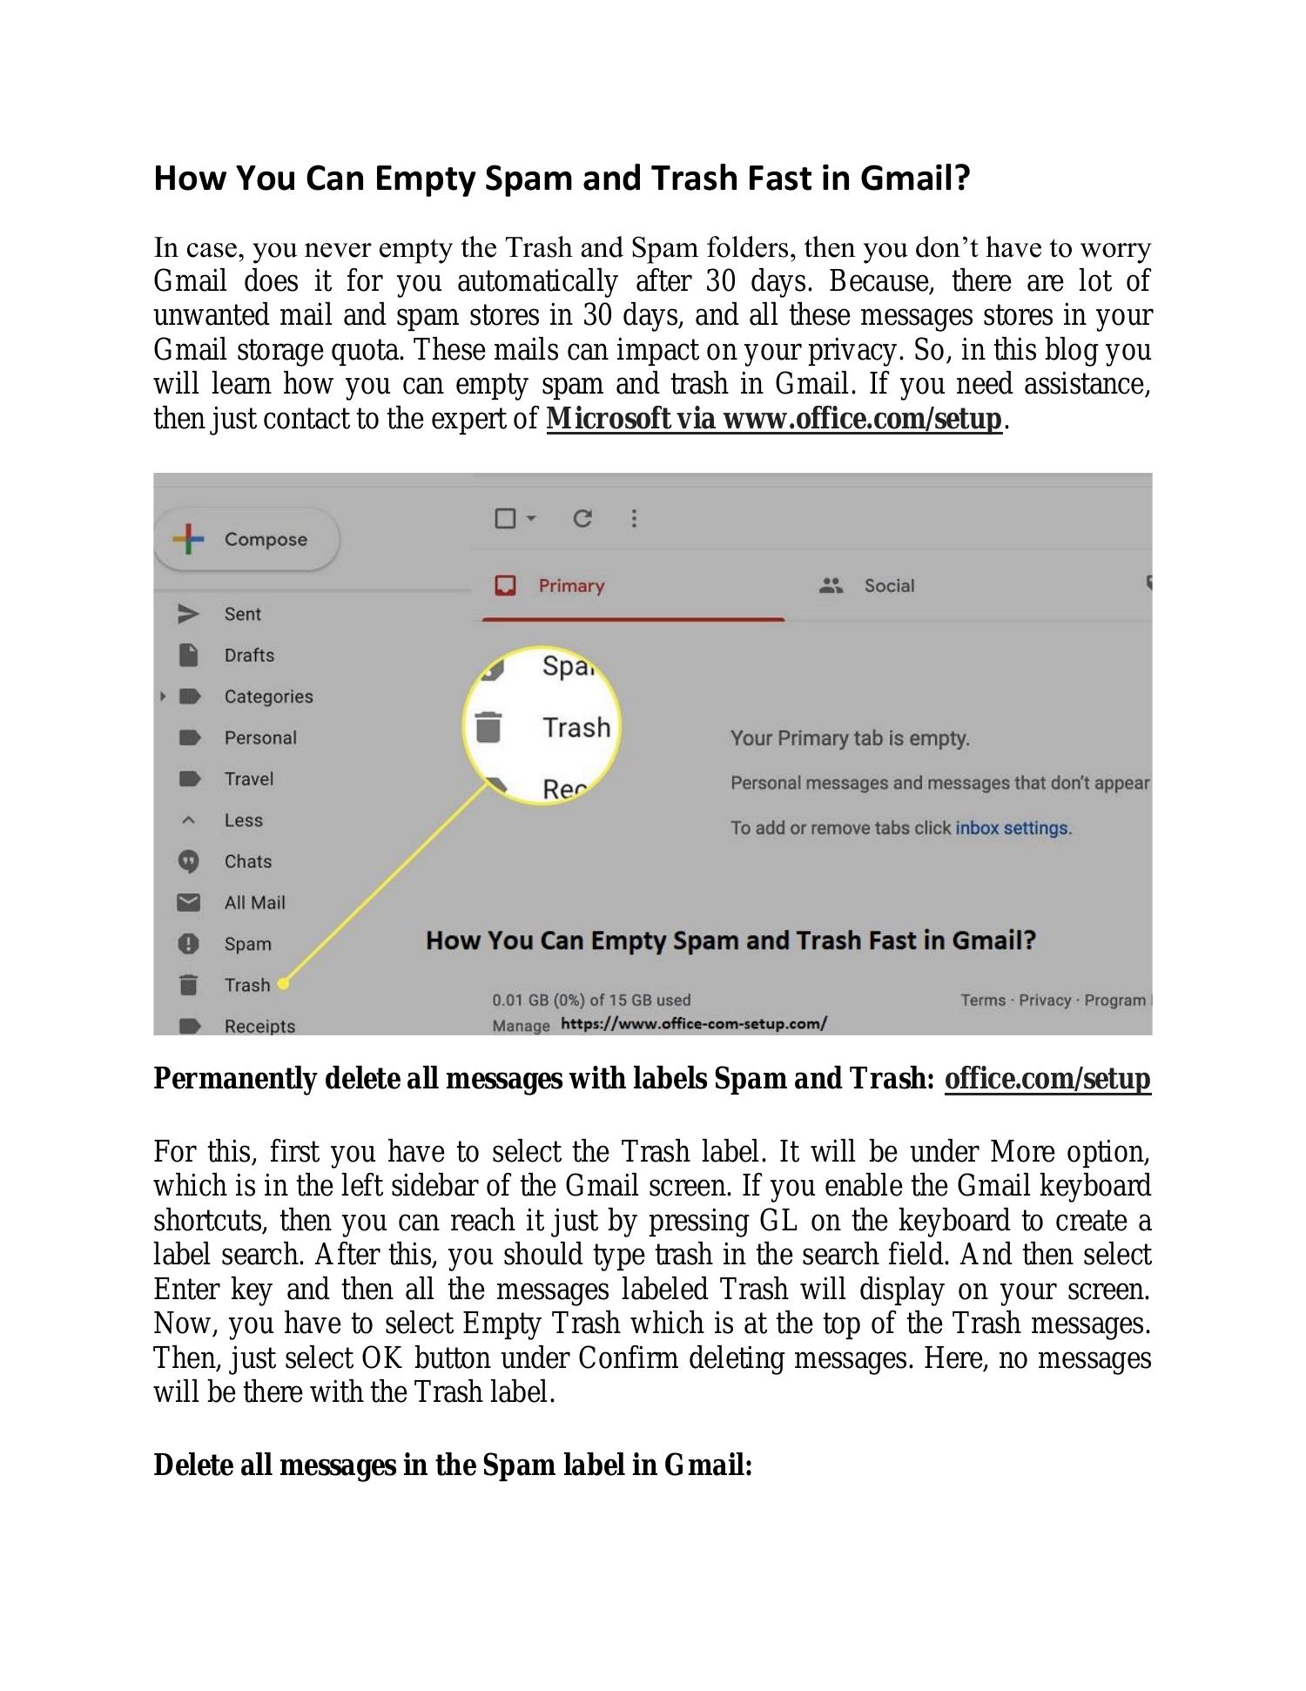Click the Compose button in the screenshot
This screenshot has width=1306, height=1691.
247,540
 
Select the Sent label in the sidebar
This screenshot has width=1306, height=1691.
242,614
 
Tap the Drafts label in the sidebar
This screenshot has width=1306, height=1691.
249,655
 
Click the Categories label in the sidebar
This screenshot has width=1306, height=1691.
268,697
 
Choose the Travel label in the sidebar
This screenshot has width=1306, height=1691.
249,778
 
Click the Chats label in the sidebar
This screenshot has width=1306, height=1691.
248,861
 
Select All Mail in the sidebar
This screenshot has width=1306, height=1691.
254,903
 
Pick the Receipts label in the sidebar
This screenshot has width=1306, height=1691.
259,1026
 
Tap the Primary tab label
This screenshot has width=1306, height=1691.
571,586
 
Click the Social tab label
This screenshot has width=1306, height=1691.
889,586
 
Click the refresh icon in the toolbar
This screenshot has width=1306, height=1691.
582,519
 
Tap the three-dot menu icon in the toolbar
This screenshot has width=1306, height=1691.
634,519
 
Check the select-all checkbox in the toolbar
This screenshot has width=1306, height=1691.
505,519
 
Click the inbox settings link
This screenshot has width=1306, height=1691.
1012,828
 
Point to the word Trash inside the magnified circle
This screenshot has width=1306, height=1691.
576,727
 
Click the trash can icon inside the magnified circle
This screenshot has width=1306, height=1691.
488,727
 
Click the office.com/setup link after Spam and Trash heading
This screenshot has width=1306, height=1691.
1047,1078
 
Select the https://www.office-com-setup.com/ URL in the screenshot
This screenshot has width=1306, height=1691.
694,1024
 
